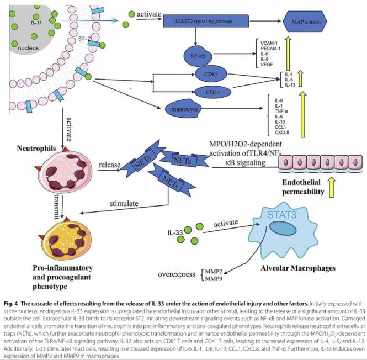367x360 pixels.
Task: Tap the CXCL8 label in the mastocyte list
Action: [x=267, y=133]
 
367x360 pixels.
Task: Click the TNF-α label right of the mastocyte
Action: [x=267, y=111]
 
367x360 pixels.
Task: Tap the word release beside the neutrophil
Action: [x=110, y=165]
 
